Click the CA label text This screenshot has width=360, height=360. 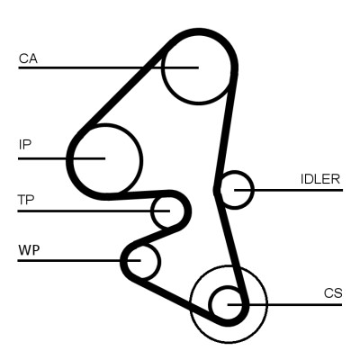pyautogui.click(x=27, y=58)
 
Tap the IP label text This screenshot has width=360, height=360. pyautogui.click(x=25, y=144)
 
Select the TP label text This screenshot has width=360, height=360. pyautogui.click(x=26, y=199)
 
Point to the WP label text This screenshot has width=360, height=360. pyautogui.click(x=28, y=248)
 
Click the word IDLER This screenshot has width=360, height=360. pyautogui.click(x=319, y=178)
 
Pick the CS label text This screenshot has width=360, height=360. pyautogui.click(x=333, y=293)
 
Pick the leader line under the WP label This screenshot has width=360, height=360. pyautogui.click(x=72, y=261)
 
